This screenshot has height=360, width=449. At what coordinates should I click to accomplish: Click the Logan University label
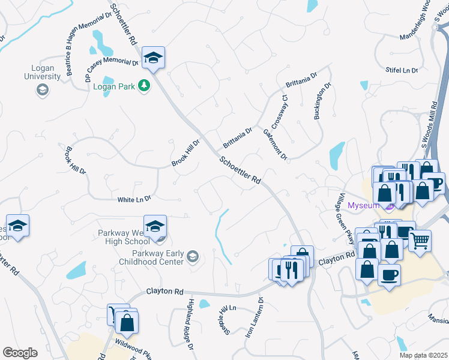click(42, 73)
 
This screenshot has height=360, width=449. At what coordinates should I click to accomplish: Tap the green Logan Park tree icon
click(144, 86)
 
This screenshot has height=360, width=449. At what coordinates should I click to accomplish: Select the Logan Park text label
click(115, 86)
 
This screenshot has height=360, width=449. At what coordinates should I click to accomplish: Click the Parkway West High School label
click(124, 237)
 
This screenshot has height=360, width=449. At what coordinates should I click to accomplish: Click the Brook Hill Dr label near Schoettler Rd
click(185, 153)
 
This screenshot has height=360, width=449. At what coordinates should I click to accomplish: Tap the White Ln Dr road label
click(134, 199)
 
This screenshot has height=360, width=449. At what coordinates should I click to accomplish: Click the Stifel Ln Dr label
click(402, 71)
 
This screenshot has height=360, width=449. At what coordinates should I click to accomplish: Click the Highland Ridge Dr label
click(190, 324)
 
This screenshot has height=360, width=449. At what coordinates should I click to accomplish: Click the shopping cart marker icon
click(420, 241)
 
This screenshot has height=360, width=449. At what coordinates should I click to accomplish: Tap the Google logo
click(20, 353)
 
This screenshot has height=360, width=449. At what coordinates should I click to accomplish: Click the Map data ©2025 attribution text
click(423, 355)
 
